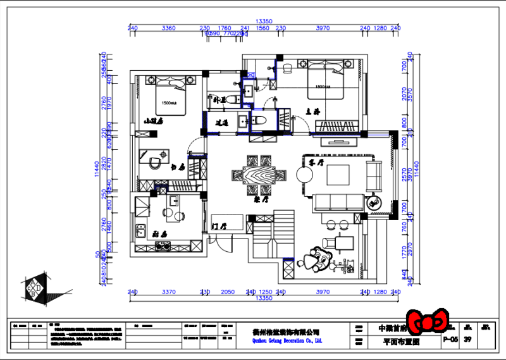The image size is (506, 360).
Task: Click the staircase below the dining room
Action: [x=264, y=240]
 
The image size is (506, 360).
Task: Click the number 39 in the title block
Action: [x=468, y=340]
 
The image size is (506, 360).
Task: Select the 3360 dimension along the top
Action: [x=168, y=28]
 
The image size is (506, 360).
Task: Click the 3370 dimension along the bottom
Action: [x=168, y=292]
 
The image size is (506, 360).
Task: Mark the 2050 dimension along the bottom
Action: [x=228, y=292]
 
